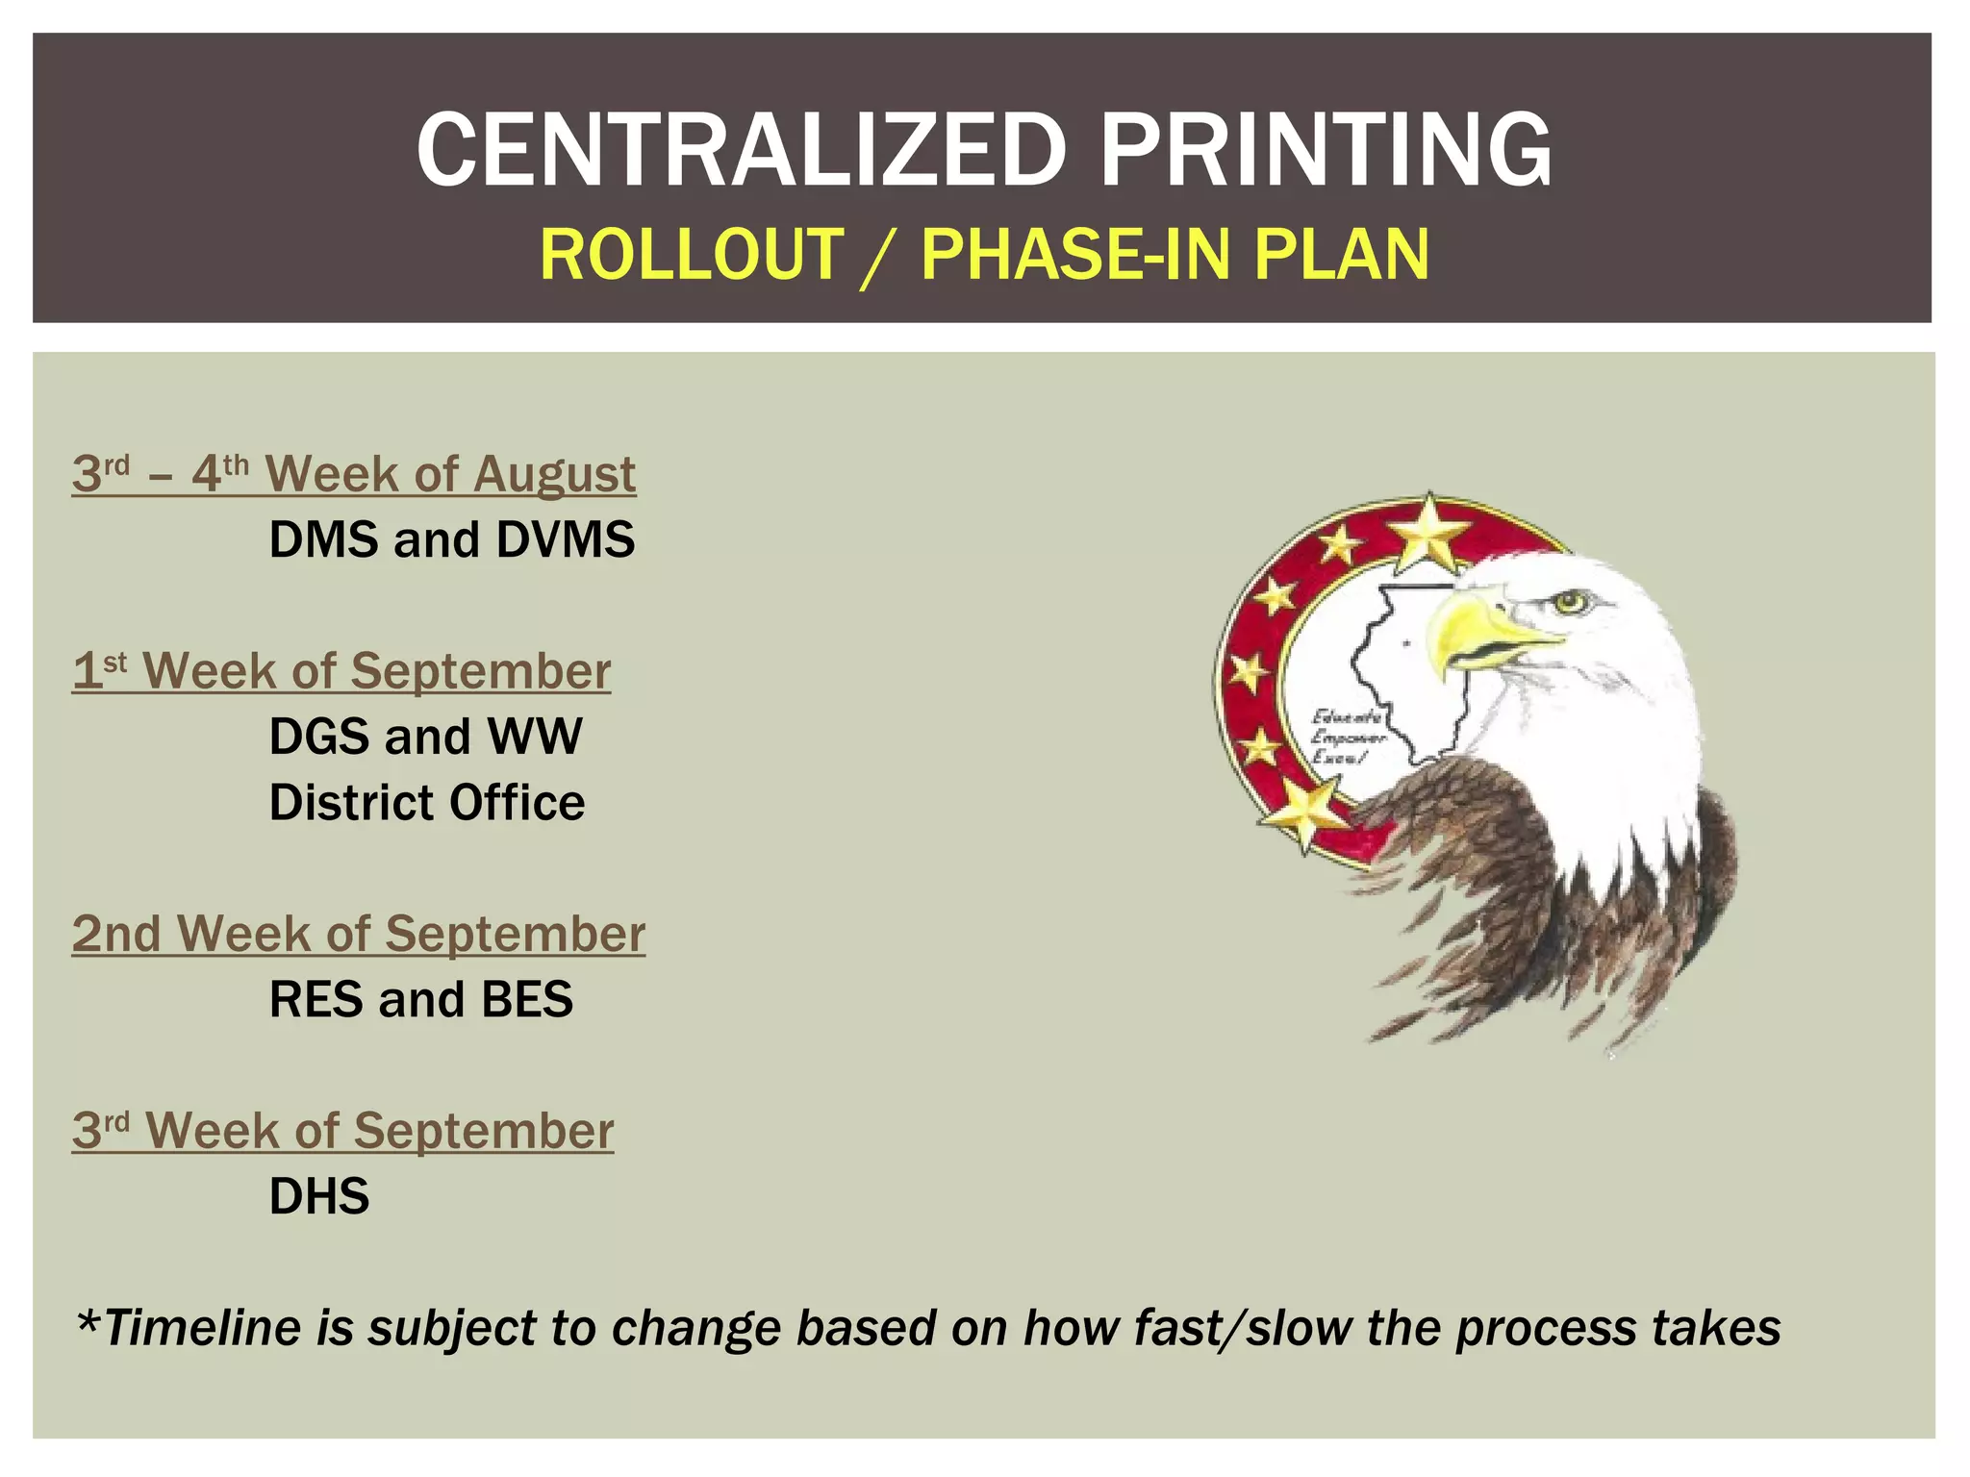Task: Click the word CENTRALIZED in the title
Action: [x=741, y=150]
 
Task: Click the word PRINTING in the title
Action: [x=1325, y=150]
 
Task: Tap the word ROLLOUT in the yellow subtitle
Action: [x=692, y=255]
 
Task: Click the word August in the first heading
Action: [x=554, y=474]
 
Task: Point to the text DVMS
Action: [x=566, y=539]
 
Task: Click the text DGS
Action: [x=319, y=737]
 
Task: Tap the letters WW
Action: [x=535, y=737]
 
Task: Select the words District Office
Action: [x=426, y=803]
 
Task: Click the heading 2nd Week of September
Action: [x=358, y=934]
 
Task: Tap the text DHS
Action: [x=319, y=1196]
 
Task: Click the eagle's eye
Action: [x=1572, y=603]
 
